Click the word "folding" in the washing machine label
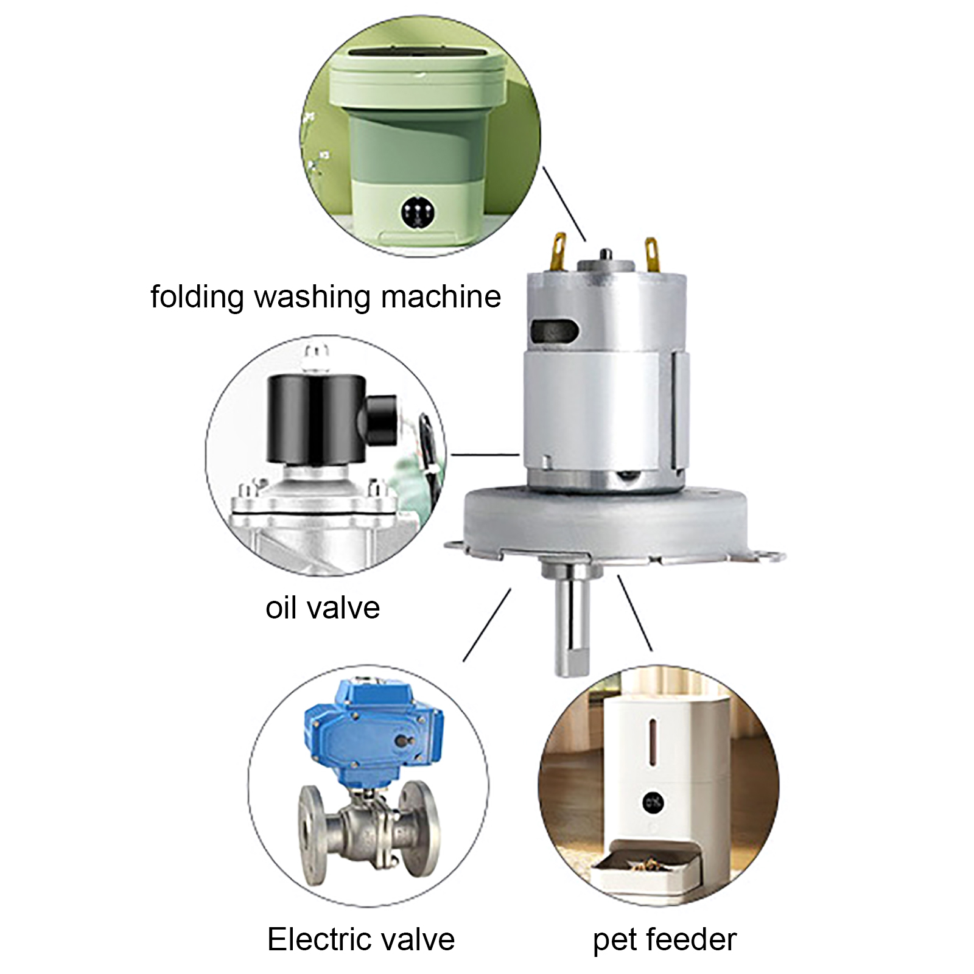tap(196, 297)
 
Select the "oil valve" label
tap(323, 608)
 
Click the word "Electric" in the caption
tap(322, 939)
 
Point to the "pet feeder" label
tap(665, 939)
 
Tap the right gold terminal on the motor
tap(652, 253)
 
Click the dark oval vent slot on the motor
tap(554, 331)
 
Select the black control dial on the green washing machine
tap(418, 212)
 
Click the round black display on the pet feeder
tap(652, 802)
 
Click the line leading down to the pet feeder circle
tap(635, 612)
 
